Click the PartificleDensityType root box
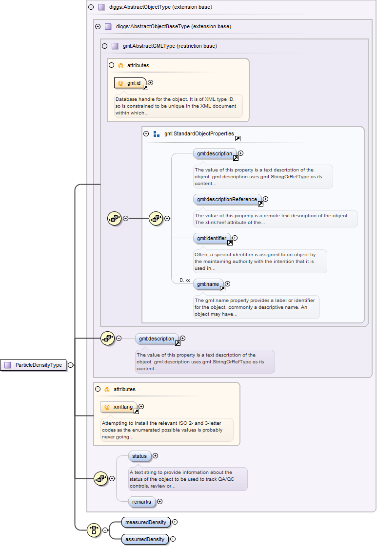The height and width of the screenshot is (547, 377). (34, 365)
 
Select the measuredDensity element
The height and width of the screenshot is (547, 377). (146, 522)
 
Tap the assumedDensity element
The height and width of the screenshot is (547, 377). (145, 539)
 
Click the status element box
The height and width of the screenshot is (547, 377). (139, 456)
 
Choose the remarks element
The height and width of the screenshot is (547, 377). (141, 502)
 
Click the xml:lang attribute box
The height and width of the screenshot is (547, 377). (119, 407)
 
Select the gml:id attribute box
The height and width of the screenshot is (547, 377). (130, 83)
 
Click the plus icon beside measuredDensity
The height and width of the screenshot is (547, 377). (175, 522)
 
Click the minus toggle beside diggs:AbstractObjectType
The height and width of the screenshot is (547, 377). (91, 7)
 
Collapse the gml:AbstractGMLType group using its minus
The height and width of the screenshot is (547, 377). (104, 46)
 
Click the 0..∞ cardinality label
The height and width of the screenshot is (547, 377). (185, 280)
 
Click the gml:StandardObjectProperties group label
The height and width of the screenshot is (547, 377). (199, 133)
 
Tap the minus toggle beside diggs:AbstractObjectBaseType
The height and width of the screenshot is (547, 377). (98, 27)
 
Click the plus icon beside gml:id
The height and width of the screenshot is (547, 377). (150, 83)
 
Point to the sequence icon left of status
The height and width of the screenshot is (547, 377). (100, 479)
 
